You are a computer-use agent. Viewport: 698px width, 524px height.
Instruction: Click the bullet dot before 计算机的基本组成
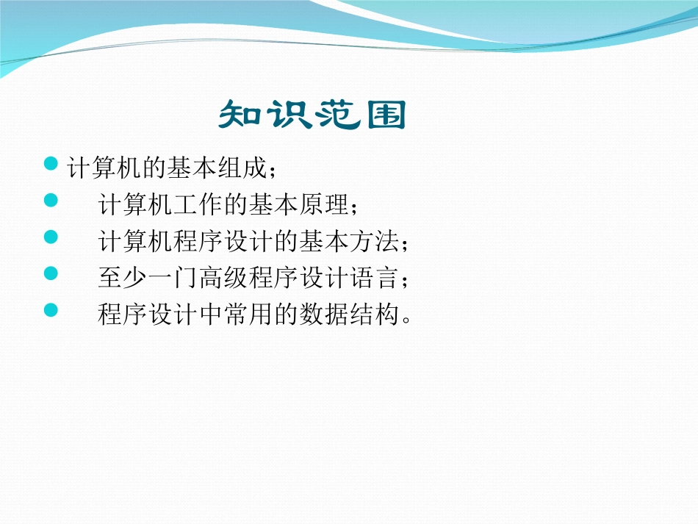[x=51, y=162]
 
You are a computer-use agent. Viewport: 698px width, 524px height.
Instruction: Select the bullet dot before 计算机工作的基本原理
[x=51, y=199]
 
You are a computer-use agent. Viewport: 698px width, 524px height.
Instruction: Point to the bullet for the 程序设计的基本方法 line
[x=51, y=236]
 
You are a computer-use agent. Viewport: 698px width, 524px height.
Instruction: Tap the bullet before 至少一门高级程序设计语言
[x=51, y=273]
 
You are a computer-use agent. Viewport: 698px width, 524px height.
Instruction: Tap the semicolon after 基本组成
[x=274, y=171]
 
